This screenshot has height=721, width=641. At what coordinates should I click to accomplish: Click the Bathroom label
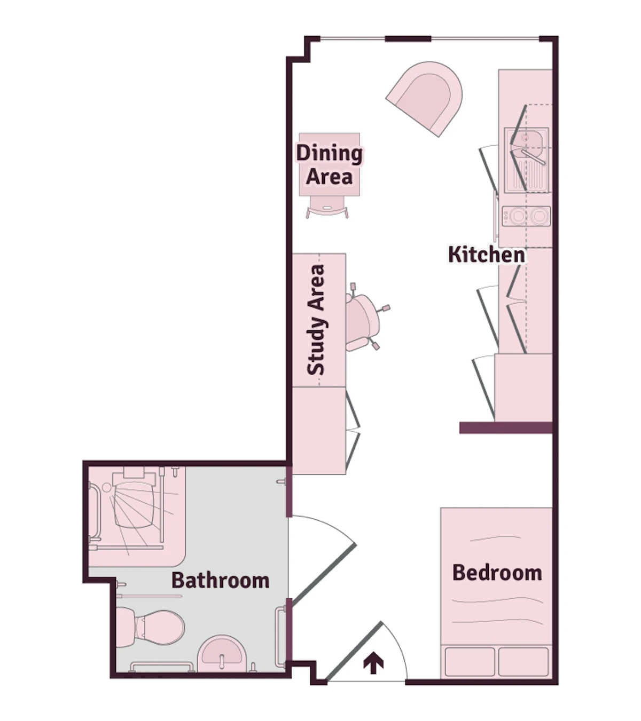(221, 581)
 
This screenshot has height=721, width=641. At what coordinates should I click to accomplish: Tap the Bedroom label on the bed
(497, 573)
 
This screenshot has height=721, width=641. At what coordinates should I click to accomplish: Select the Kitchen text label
(487, 255)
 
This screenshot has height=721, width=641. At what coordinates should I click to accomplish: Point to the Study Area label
(316, 320)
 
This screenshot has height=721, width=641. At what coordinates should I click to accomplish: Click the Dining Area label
(329, 165)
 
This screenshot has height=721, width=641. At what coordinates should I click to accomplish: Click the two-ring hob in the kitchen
(526, 216)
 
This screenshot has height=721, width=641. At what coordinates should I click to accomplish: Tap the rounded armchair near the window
(424, 98)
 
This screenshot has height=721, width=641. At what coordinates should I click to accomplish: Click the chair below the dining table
(327, 207)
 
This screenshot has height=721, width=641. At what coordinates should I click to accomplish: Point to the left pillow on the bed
(470, 662)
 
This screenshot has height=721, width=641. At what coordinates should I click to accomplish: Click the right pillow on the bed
(523, 662)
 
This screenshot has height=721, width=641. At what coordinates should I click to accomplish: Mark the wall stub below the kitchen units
(506, 428)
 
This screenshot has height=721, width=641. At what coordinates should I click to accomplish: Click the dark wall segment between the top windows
(408, 39)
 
